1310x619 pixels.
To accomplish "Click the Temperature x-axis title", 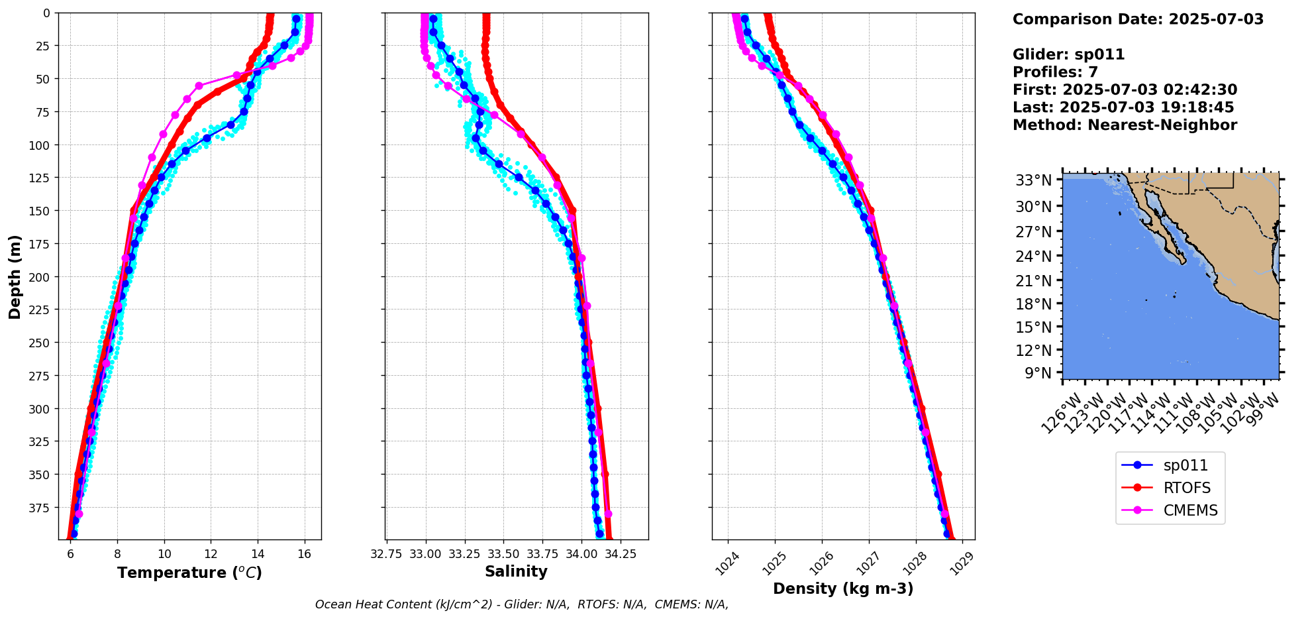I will pos(189,573).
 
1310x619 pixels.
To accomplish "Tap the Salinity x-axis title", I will pos(516,571).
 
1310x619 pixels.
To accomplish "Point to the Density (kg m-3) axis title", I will pos(843,589).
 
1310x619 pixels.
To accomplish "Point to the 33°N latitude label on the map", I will pos(1034,180).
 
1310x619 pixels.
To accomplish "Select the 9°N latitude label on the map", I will pos(1038,373).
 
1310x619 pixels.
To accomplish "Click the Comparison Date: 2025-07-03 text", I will pos(1138,19).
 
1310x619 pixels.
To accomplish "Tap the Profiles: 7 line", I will pos(1055,72).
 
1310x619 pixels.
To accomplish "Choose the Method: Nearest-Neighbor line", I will pos(1125,125).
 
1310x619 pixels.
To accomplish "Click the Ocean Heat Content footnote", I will pos(521,604).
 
